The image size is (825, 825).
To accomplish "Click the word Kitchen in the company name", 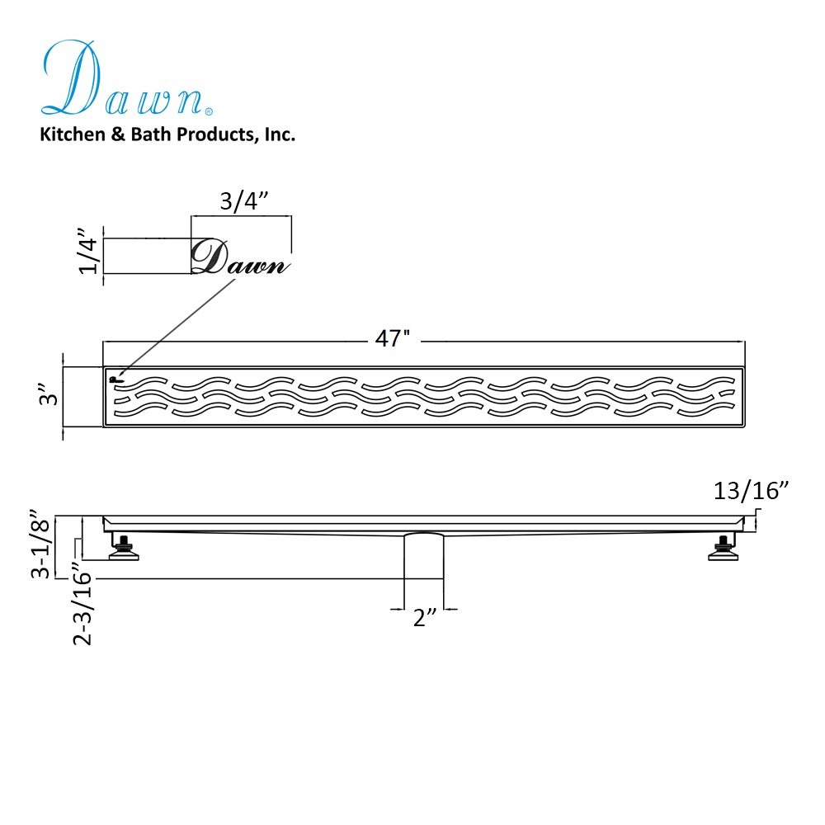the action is (x=73, y=134).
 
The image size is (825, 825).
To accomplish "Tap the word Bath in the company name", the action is (x=150, y=134).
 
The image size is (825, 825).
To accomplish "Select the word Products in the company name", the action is (x=216, y=134).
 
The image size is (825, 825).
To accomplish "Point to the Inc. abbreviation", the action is (x=280, y=134).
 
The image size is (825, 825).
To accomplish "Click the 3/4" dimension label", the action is (x=243, y=201).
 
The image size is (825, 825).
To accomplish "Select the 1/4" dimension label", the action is (x=88, y=251).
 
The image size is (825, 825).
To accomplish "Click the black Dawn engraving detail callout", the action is (x=240, y=257).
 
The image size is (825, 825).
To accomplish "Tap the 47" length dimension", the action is (x=393, y=338).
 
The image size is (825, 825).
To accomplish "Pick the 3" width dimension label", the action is (x=49, y=397).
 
